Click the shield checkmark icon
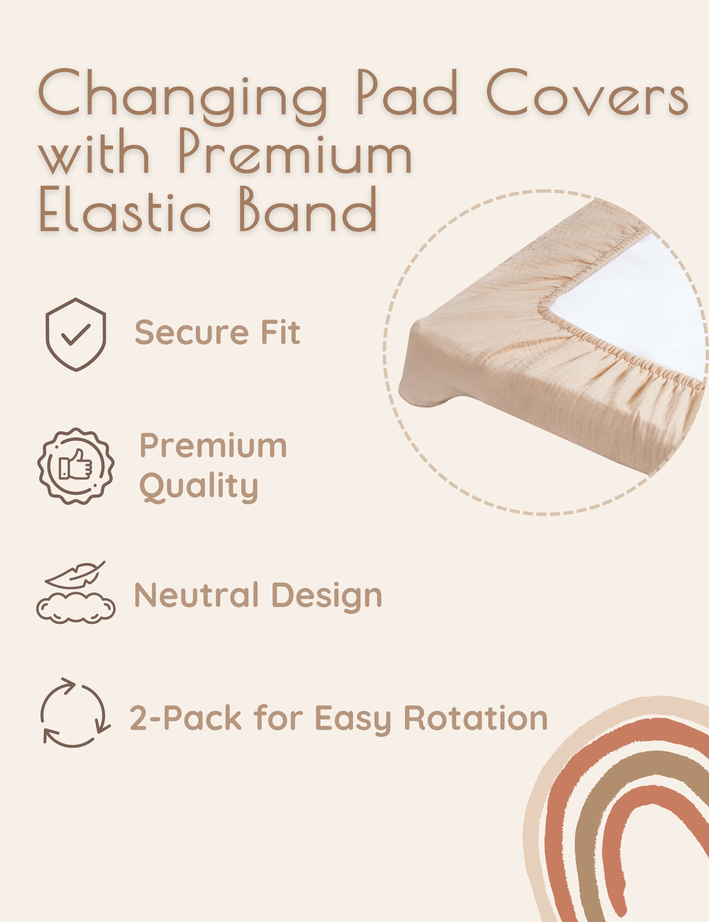tap(76, 334)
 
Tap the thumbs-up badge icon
tap(76, 466)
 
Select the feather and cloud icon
tap(76, 592)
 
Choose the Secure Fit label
tap(217, 332)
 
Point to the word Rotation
tap(476, 717)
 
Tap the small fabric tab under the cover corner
tap(422, 395)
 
